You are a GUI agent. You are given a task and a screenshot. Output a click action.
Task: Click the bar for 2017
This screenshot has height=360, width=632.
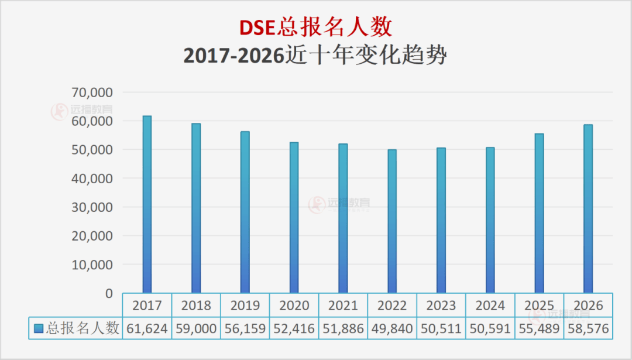click(x=147, y=205)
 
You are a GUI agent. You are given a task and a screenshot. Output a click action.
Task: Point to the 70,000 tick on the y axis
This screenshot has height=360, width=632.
click(x=92, y=92)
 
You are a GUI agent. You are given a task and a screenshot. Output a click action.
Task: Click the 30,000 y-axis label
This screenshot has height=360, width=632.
click(x=92, y=207)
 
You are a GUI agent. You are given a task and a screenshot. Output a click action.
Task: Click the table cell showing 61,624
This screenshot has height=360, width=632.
click(x=147, y=328)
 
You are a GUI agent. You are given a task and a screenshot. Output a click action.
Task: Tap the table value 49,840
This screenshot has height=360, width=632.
click(x=392, y=328)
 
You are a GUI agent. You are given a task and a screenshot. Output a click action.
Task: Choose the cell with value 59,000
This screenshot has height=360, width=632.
click(x=196, y=328)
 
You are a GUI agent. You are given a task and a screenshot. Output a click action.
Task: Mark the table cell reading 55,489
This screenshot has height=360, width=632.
click(x=539, y=328)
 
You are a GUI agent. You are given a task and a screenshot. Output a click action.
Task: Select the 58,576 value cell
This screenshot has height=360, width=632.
click(x=588, y=328)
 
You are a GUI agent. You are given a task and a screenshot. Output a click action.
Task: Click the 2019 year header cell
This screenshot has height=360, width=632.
click(x=245, y=306)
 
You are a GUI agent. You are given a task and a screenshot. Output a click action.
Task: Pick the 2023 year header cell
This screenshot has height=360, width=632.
click(x=441, y=306)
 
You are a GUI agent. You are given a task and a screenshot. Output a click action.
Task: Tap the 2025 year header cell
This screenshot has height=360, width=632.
click(x=539, y=306)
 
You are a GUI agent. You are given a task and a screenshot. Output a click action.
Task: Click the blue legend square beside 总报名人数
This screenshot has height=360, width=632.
click(x=39, y=328)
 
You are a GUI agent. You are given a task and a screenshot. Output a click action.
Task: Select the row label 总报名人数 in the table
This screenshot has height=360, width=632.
click(x=83, y=328)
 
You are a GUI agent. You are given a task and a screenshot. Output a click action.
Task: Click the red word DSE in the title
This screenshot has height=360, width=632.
click(x=259, y=28)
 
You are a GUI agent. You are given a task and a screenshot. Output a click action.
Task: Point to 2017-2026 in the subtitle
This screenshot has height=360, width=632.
click(x=233, y=56)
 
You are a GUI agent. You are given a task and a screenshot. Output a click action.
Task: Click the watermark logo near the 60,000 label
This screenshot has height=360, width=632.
click(x=60, y=112)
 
